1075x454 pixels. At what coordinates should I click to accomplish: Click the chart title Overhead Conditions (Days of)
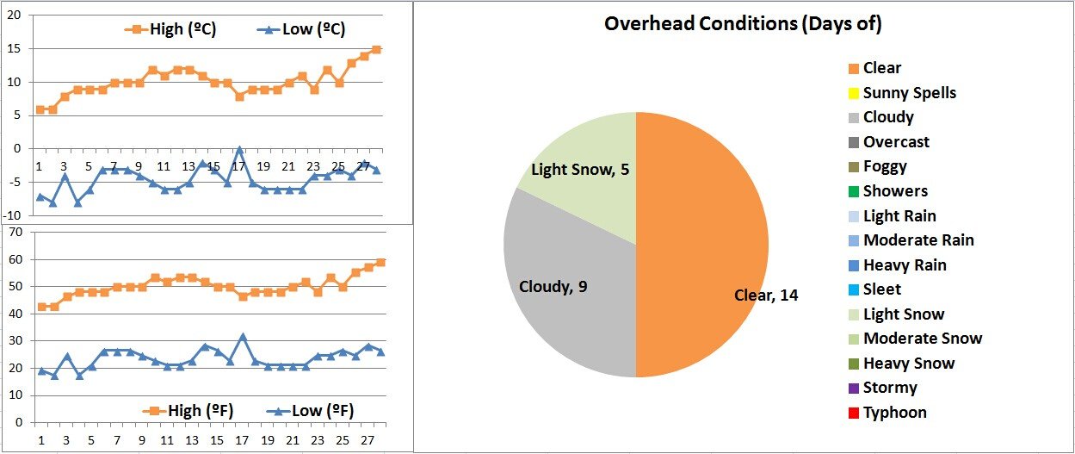click(x=743, y=24)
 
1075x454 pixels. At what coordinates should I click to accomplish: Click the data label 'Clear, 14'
click(x=766, y=295)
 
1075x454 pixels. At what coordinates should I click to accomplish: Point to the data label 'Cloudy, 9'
click(x=553, y=286)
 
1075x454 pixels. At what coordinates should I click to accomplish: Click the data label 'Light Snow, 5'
click(x=580, y=170)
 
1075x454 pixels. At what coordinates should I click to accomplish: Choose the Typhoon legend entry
click(x=894, y=413)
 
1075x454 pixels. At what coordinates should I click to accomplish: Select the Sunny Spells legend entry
click(x=909, y=93)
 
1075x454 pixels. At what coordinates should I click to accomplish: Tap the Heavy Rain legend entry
click(x=904, y=265)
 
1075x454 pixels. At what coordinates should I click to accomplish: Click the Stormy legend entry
click(x=889, y=388)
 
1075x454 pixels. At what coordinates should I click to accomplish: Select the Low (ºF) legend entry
click(x=311, y=409)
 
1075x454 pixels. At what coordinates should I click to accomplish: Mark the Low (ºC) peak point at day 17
click(x=239, y=149)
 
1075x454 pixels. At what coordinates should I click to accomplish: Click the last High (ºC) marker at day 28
click(x=376, y=50)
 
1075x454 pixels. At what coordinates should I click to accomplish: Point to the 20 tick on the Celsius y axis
click(x=15, y=16)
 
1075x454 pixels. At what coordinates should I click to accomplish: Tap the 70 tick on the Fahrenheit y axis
click(x=15, y=233)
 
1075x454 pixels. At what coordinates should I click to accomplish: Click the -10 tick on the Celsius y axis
click(x=12, y=215)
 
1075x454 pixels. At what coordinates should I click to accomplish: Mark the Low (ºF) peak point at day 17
click(x=243, y=337)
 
